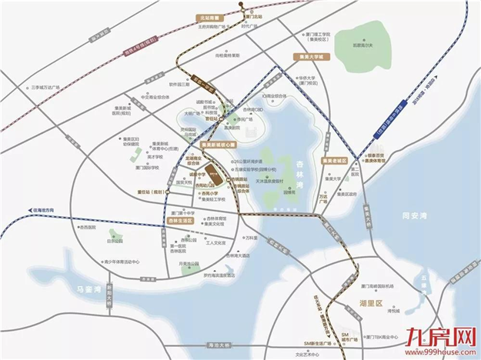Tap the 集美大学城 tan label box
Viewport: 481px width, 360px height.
point(311,57)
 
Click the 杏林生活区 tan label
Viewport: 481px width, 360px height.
point(179,221)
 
